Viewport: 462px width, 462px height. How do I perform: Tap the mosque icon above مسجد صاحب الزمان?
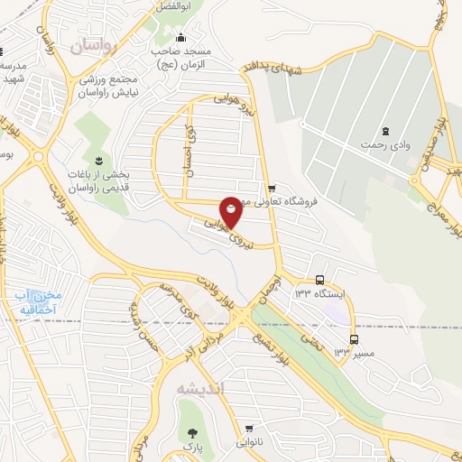[x=180, y=37]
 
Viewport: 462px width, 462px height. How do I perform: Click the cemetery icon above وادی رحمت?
[x=386, y=130]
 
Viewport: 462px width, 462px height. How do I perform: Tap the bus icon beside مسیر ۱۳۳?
[x=354, y=339]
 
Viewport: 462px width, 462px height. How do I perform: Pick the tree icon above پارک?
[x=189, y=430]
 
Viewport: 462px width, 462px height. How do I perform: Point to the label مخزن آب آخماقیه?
[x=37, y=302]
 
